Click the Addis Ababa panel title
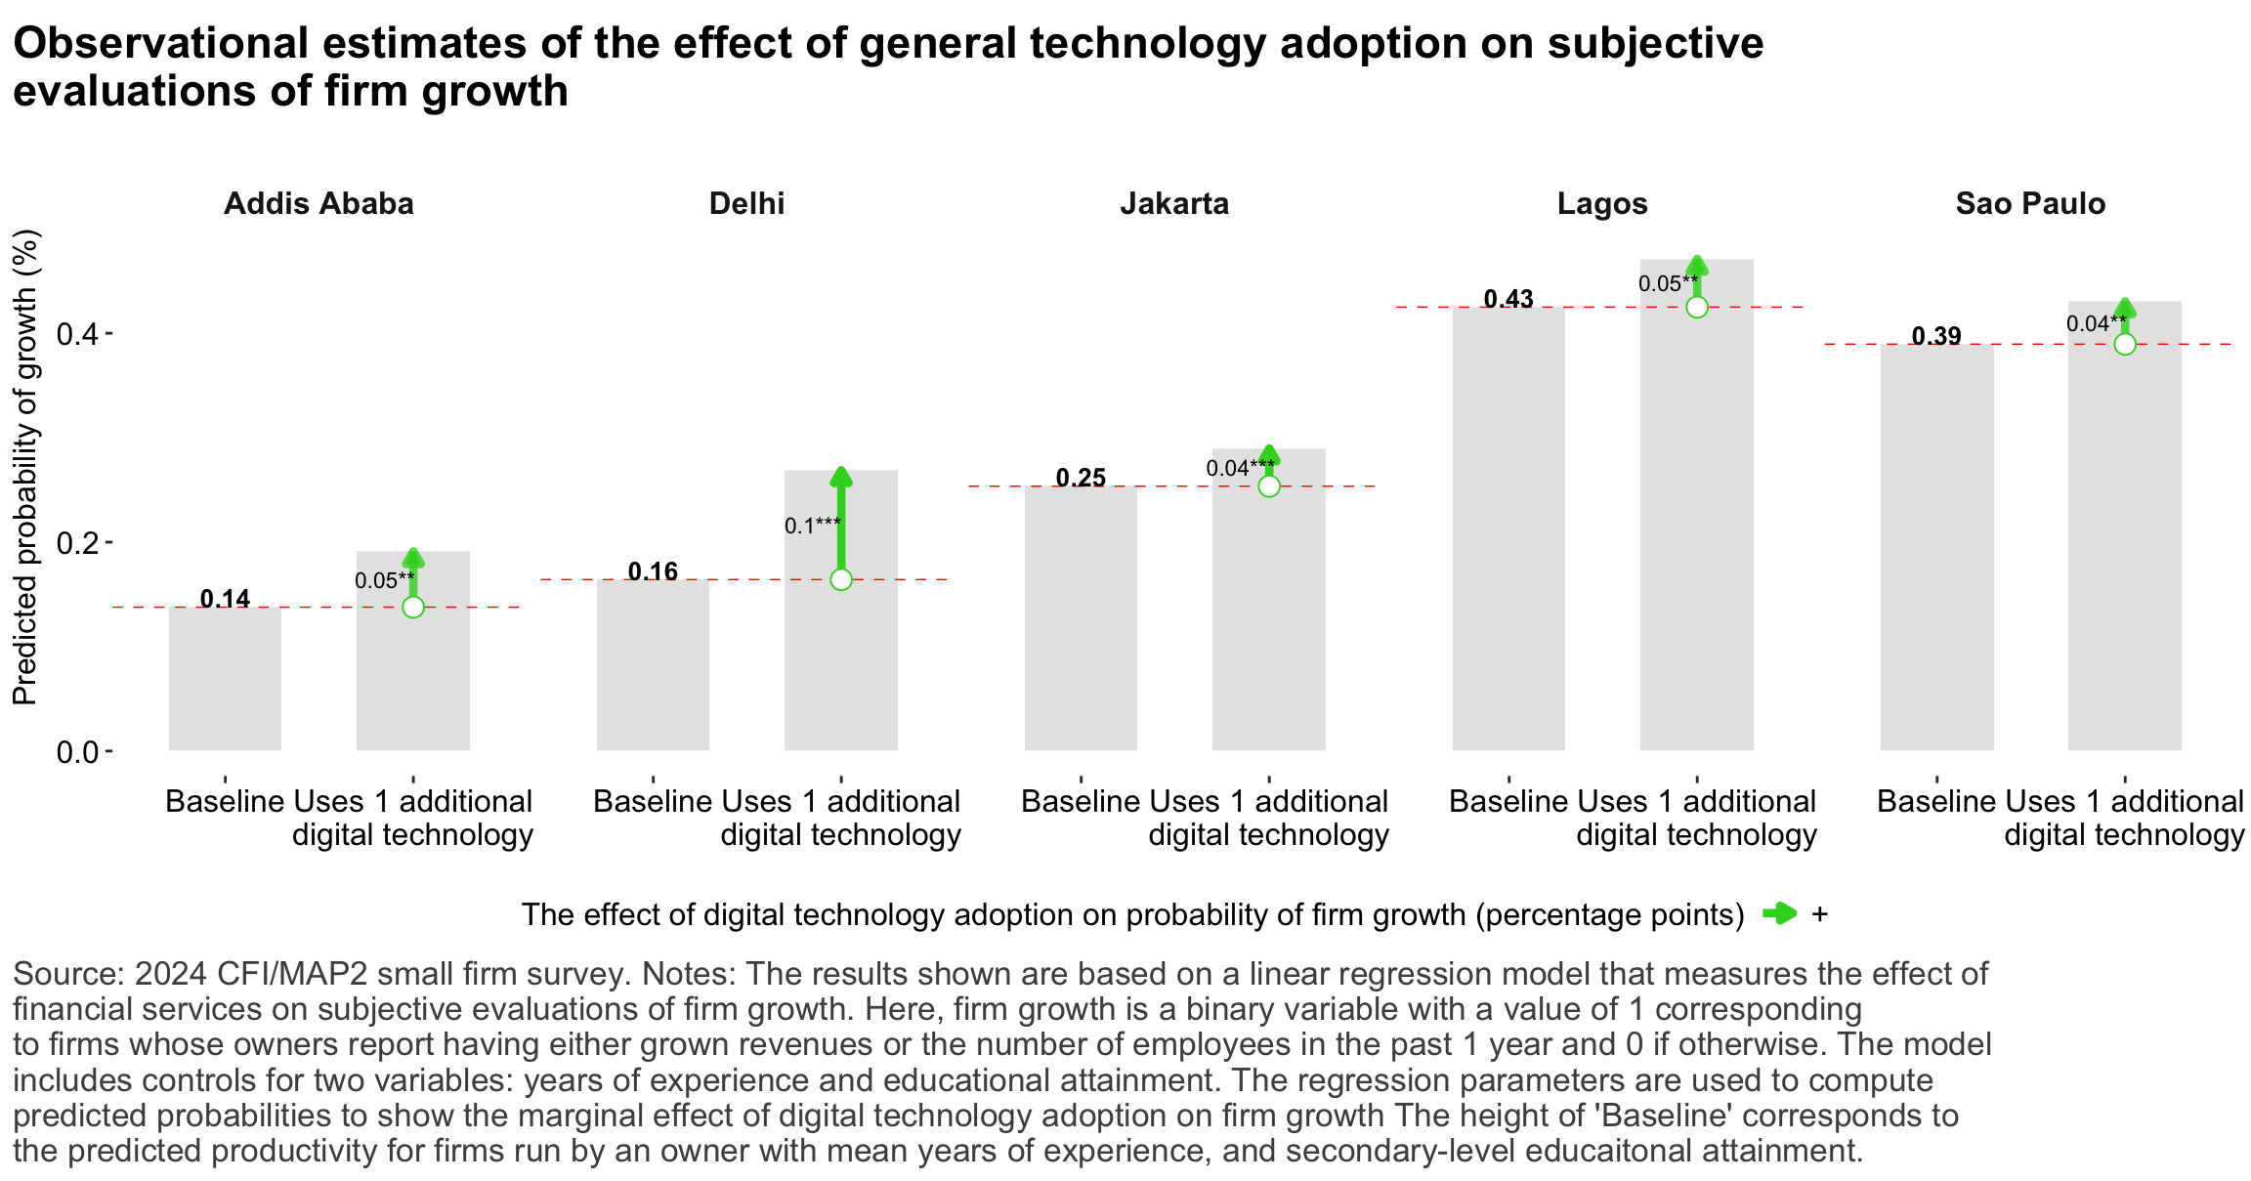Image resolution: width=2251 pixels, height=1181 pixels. [319, 203]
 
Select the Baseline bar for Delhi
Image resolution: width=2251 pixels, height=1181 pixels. [653, 664]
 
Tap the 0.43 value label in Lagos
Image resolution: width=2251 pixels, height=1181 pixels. [1508, 299]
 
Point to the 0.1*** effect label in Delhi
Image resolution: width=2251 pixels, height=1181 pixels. [812, 526]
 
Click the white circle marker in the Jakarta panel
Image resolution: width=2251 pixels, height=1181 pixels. [1268, 485]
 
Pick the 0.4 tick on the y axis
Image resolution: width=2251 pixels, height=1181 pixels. [77, 334]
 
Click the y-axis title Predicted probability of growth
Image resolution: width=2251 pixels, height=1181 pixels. [24, 467]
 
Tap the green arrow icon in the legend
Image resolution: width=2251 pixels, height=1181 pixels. [1779, 914]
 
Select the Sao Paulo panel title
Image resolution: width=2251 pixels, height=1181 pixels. [2030, 203]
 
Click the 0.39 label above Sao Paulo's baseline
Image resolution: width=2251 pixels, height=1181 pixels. [1936, 336]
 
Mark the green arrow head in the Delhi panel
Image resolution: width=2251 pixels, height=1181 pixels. [841, 477]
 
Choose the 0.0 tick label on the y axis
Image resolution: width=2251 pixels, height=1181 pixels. [77, 752]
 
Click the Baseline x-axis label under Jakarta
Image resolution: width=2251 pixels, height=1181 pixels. [1081, 802]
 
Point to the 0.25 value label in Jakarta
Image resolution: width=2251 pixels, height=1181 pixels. [1081, 478]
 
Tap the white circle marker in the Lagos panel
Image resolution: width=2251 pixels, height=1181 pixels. [1696, 307]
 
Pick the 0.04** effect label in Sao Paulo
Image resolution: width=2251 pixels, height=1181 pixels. [2096, 323]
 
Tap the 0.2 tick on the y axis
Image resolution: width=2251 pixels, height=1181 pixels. [77, 543]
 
